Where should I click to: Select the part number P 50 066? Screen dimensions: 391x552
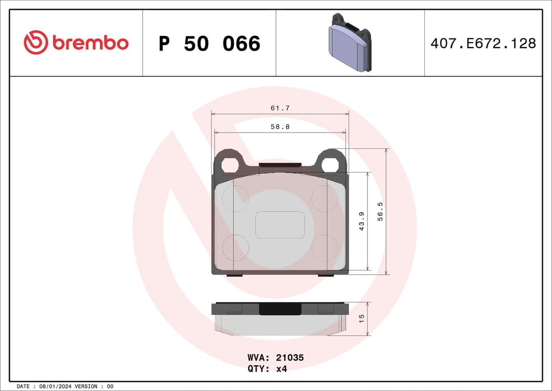click(x=209, y=44)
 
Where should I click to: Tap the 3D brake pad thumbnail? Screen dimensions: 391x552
click(x=350, y=43)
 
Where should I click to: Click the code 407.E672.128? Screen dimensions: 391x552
click(x=483, y=44)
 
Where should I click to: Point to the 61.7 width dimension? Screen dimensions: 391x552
click(x=280, y=108)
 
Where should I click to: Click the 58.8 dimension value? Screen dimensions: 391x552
click(x=280, y=127)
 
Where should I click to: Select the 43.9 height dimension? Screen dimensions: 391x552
click(x=362, y=221)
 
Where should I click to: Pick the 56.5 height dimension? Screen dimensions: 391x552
click(x=380, y=211)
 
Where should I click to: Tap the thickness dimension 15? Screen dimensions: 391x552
click(x=361, y=318)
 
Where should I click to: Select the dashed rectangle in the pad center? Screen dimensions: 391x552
click(x=280, y=225)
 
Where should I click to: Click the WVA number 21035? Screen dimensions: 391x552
click(x=290, y=358)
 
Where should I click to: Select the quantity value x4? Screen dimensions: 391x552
click(x=281, y=368)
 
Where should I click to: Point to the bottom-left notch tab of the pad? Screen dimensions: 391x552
click(x=234, y=275)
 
